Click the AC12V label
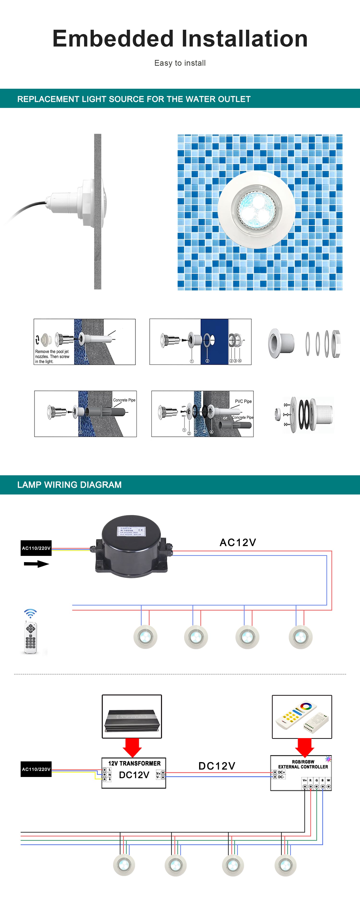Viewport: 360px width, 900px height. click(x=238, y=542)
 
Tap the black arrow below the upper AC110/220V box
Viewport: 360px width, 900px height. click(x=36, y=564)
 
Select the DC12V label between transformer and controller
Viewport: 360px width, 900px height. click(x=217, y=766)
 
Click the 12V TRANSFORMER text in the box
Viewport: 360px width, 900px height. click(x=134, y=763)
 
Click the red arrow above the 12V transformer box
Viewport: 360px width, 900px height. click(x=132, y=747)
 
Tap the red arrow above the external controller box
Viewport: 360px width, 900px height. click(x=304, y=747)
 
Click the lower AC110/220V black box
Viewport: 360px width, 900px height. click(x=36, y=769)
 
